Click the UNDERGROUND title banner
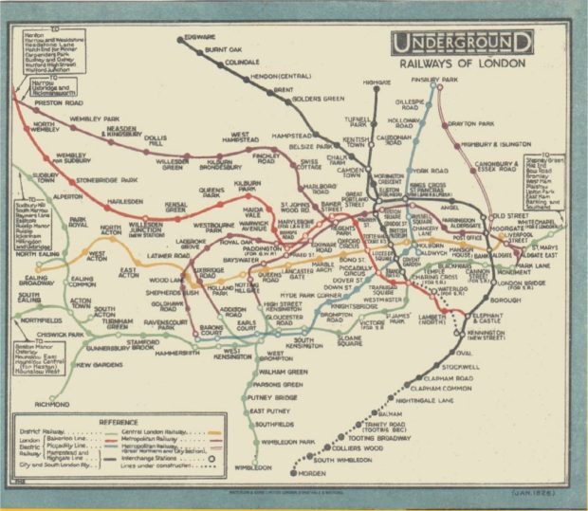(x=461, y=43)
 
